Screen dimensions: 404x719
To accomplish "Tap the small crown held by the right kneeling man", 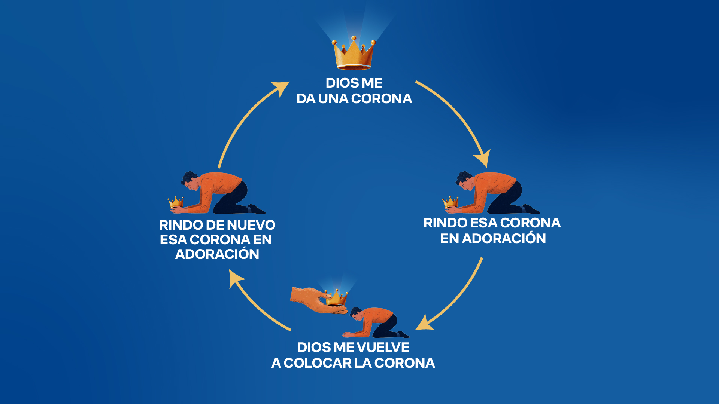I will click(x=450, y=202).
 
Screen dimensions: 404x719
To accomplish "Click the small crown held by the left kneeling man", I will click(x=176, y=202).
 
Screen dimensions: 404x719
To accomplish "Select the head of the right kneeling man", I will click(x=465, y=180).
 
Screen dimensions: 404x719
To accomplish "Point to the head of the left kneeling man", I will click(x=190, y=180).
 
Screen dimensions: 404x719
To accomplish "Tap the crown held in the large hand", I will click(x=337, y=297).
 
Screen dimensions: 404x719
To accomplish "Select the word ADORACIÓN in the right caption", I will click(x=504, y=239).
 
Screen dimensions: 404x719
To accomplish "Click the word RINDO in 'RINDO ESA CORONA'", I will click(x=445, y=223).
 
